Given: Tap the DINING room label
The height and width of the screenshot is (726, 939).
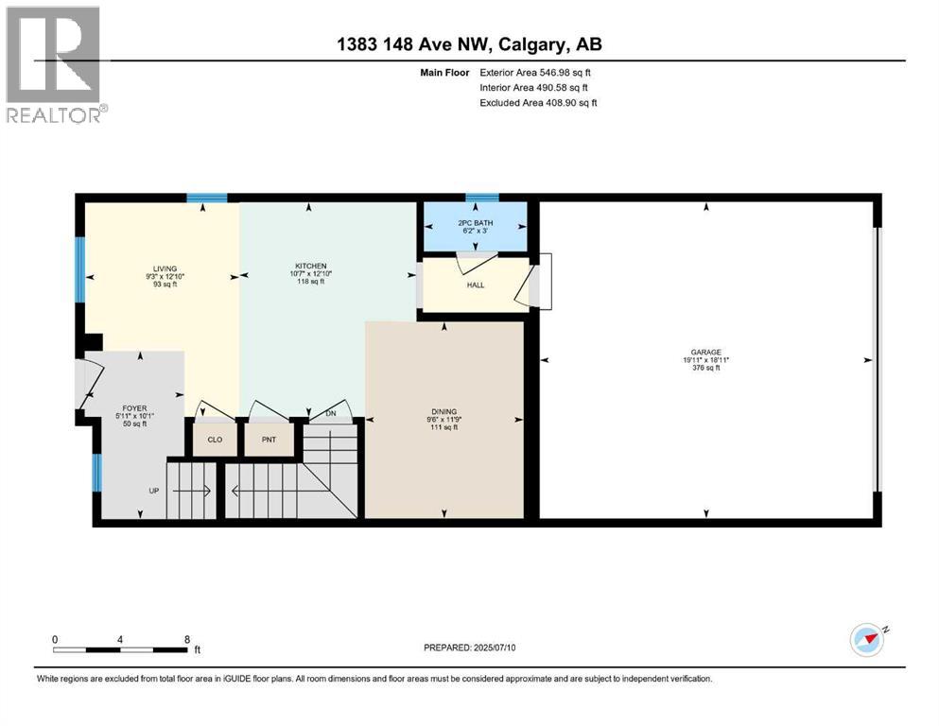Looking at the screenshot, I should (x=443, y=411).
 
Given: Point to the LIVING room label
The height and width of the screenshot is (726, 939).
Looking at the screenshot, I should (x=165, y=268).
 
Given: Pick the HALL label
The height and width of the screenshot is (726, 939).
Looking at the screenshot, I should (x=476, y=285).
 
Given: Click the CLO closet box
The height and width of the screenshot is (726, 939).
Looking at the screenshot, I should (x=215, y=440).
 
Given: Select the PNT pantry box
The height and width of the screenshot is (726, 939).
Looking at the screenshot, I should (x=268, y=440).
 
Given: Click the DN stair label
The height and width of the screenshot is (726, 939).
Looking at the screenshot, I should (x=330, y=413).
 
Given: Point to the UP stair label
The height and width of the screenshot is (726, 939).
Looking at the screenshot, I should (x=152, y=491).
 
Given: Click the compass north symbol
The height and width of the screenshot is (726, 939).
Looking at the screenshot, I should (x=866, y=640).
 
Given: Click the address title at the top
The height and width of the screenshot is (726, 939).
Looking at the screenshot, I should (x=470, y=44).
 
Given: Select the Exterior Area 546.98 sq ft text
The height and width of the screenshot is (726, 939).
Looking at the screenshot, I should (x=537, y=72).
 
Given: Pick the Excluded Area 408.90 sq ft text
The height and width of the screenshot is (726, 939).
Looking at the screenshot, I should (x=537, y=102).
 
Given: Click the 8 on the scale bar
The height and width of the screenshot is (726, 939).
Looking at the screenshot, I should (x=186, y=639).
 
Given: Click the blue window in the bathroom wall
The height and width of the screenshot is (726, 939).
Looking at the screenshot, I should (x=481, y=198).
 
